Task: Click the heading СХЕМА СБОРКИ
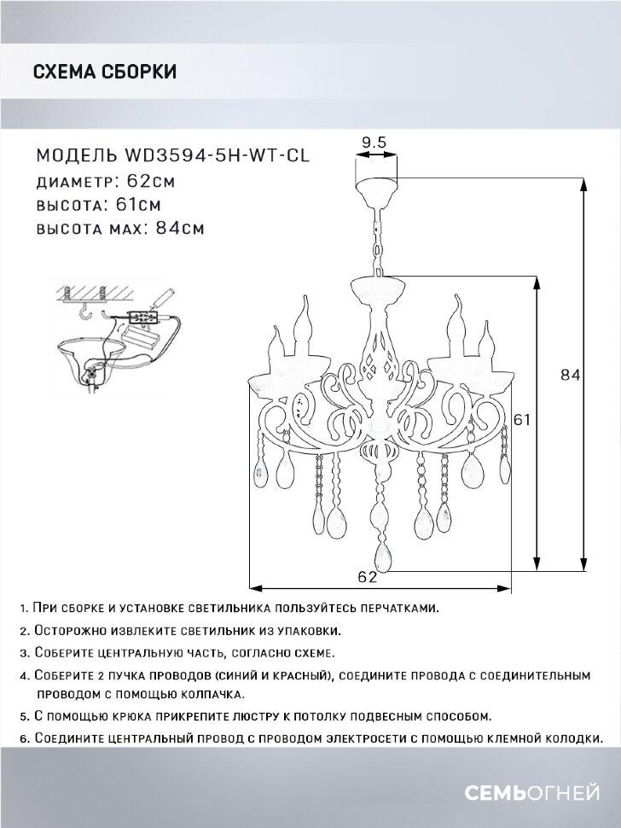point(104,72)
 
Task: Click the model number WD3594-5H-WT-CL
point(216,155)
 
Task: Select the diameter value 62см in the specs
point(151,181)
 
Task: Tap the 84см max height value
point(180,229)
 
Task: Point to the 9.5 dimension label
point(374,142)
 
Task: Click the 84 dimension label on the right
point(570,375)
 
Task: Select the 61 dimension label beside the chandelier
point(521,419)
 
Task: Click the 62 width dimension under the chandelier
point(368,577)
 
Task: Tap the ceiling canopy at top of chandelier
point(376,191)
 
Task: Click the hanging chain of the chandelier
point(379,240)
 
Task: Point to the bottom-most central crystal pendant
point(382,556)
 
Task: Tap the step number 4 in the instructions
point(23,676)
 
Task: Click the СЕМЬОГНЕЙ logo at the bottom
point(531,793)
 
